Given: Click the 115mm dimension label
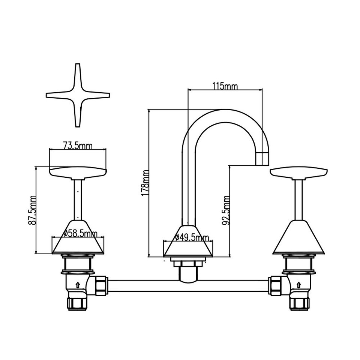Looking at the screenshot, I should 225,86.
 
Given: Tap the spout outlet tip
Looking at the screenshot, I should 262,159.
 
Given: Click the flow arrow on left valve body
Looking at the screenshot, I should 78,285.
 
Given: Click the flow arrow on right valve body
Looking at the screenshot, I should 298,285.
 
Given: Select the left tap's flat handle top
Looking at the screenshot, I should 78,173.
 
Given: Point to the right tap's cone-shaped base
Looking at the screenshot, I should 298,238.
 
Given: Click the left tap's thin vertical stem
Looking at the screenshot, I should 78,199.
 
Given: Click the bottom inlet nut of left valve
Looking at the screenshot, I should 77,303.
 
